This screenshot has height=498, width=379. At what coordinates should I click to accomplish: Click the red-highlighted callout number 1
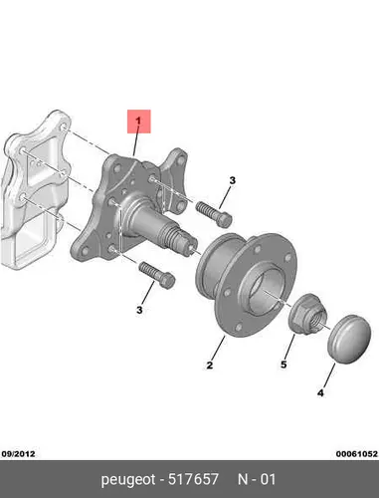click(x=138, y=121)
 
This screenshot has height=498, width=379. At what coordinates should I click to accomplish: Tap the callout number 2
click(x=210, y=366)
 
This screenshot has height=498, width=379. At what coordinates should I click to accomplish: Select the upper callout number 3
click(x=233, y=180)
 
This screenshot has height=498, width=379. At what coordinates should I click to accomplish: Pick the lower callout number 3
click(x=139, y=310)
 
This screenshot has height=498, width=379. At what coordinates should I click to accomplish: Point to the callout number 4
click(x=320, y=393)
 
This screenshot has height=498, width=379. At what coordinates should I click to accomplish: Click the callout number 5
click(x=284, y=365)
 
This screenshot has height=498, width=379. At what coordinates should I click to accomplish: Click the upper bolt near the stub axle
click(x=213, y=214)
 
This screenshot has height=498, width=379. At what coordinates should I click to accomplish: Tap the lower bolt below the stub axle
click(x=157, y=275)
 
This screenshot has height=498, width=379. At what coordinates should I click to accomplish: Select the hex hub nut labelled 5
click(x=308, y=314)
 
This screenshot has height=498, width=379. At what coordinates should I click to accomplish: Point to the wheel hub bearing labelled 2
click(x=247, y=285)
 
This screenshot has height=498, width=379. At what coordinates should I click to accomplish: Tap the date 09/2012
click(x=18, y=453)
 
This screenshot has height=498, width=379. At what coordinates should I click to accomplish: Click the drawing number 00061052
click(x=357, y=453)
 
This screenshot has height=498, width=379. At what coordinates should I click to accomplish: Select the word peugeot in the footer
click(x=128, y=480)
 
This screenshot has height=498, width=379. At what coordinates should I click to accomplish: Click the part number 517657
click(x=193, y=479)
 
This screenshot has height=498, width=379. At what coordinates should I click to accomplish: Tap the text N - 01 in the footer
click(x=257, y=479)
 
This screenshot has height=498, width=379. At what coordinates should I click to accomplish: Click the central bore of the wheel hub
click(x=268, y=292)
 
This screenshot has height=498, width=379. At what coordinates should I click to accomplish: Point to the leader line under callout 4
click(x=328, y=375)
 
